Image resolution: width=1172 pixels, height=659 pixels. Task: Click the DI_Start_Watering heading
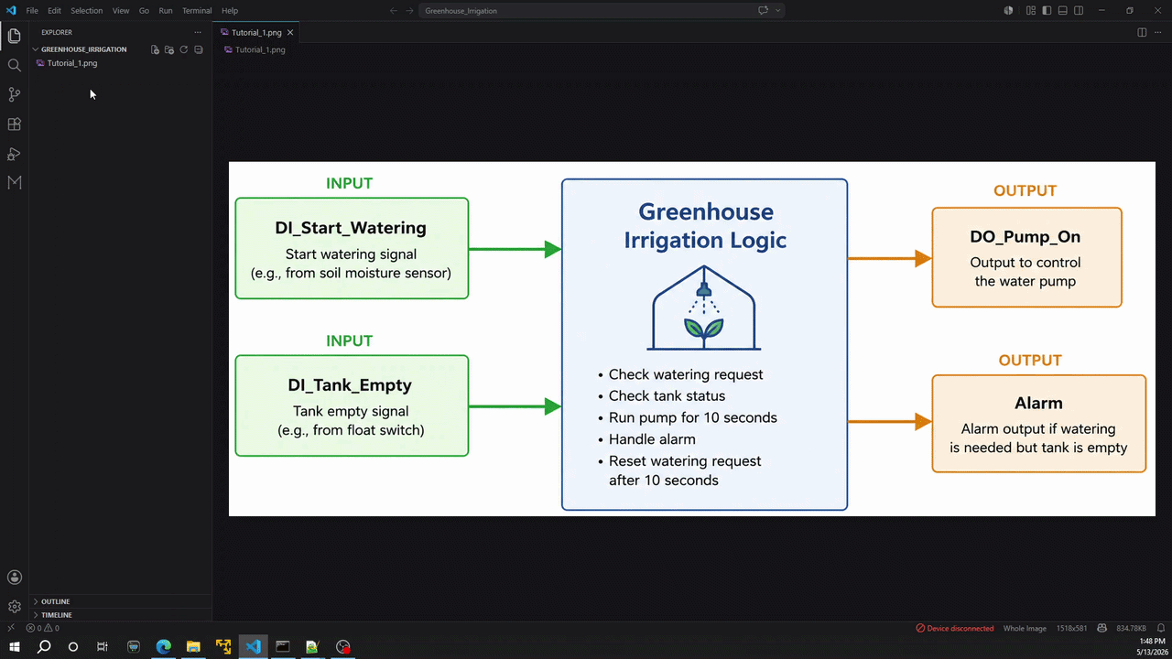[351, 228]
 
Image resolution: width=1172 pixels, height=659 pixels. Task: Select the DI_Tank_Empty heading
[350, 385]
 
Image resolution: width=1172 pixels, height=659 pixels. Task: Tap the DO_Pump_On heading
[1025, 236]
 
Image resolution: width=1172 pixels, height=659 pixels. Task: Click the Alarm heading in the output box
[1038, 403]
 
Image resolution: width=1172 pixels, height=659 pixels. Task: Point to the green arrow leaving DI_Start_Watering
[515, 249]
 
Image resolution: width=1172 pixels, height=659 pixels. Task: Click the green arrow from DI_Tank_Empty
[515, 406]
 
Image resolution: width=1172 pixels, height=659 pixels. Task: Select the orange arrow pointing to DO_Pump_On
[889, 258]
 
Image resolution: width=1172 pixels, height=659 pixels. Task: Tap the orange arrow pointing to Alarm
[889, 422]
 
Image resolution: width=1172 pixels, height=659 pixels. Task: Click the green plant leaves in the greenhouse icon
[704, 329]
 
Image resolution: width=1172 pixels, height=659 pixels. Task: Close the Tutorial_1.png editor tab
[290, 32]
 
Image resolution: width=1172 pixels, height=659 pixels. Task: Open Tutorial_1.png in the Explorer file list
[72, 63]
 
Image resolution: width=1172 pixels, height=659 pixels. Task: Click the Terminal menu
[197, 10]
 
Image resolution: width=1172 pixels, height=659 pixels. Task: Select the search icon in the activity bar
[14, 65]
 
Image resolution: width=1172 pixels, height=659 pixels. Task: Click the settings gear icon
[14, 606]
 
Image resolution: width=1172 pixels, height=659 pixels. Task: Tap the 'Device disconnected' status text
[960, 628]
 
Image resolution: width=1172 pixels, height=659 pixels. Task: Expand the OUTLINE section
[55, 601]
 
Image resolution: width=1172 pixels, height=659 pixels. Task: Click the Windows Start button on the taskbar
[14, 647]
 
